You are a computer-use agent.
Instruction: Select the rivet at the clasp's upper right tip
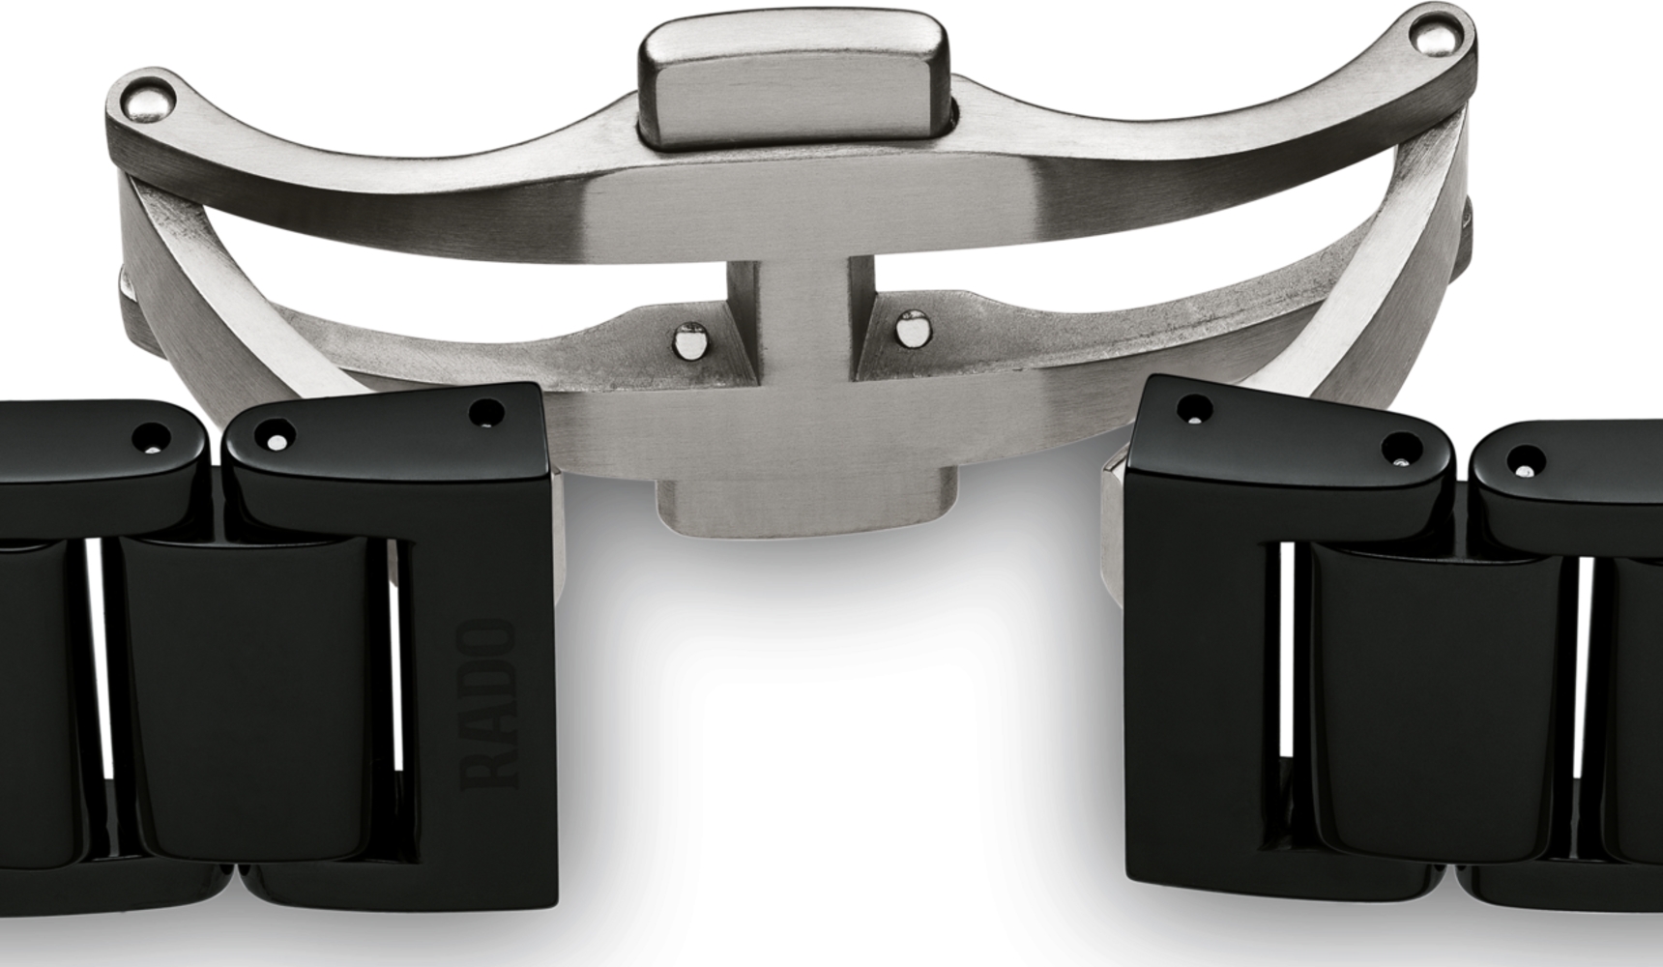click(1435, 36)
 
